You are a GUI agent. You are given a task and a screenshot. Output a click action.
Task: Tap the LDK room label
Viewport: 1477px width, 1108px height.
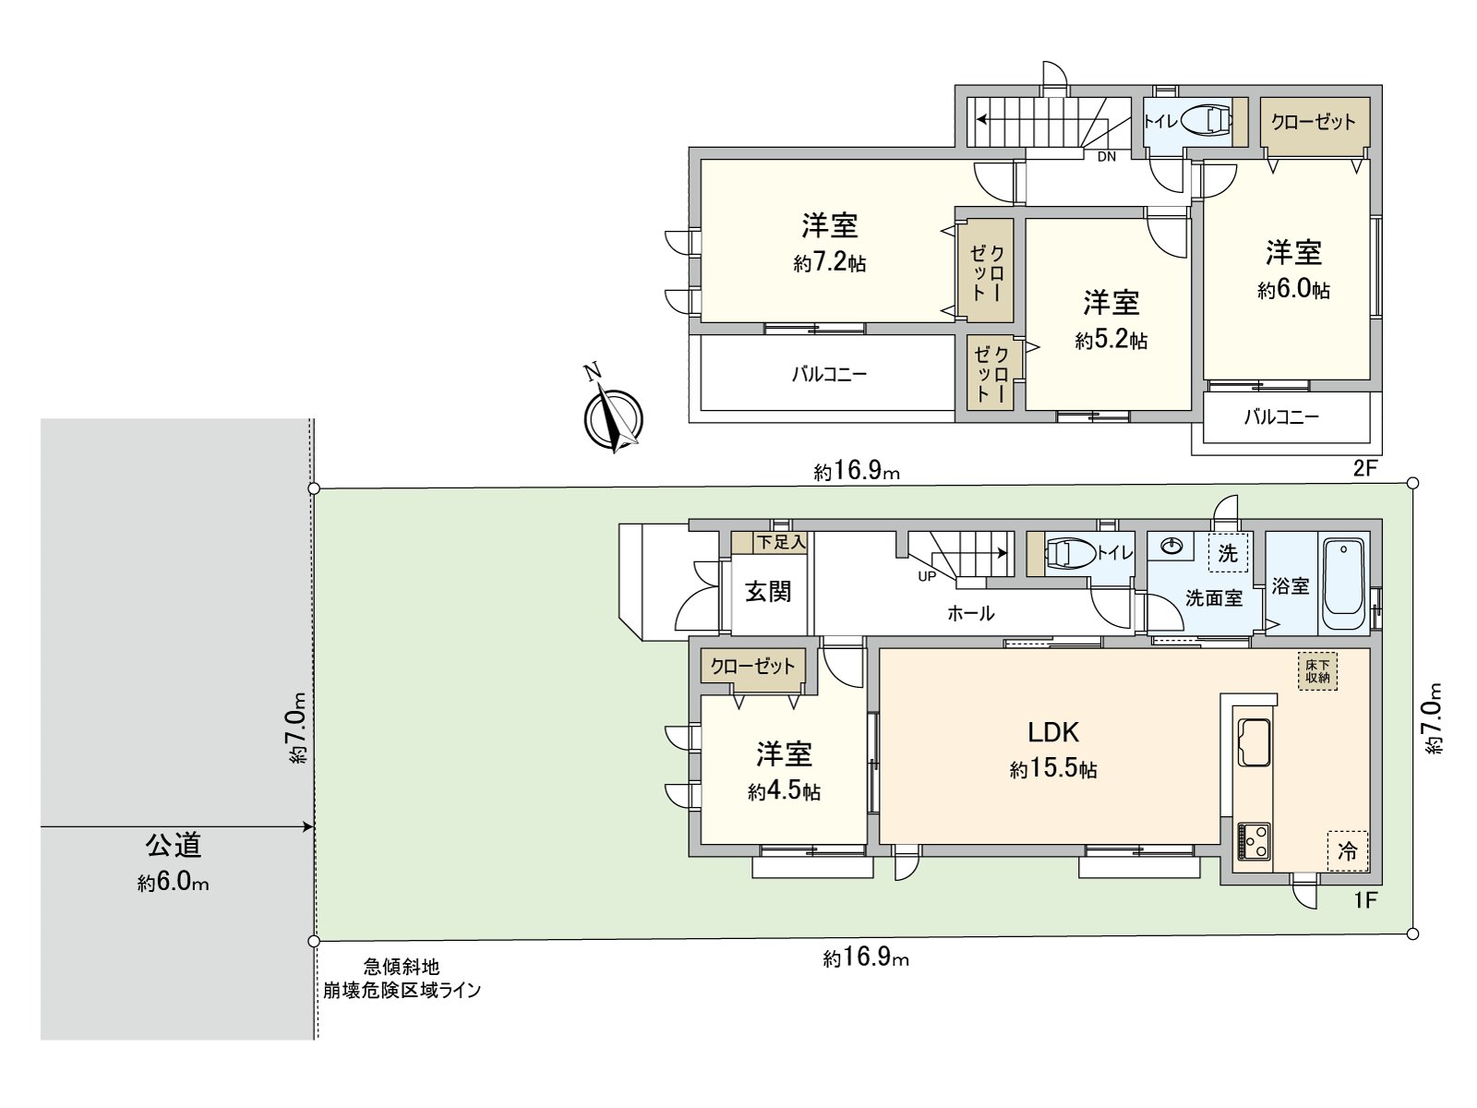(1053, 732)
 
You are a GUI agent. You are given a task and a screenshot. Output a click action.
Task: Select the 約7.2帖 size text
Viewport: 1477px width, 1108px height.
(829, 263)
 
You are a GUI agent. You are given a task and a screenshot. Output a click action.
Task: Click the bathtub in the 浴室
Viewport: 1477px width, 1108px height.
(1343, 585)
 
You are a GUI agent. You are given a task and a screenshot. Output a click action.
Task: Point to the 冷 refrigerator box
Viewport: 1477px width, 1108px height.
(1347, 851)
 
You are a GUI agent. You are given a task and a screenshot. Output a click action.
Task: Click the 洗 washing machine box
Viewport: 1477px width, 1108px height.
(1227, 553)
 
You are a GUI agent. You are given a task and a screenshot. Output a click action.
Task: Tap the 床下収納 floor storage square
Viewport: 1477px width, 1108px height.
(1317, 670)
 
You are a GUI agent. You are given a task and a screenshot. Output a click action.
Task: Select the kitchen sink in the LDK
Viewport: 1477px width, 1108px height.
(1253, 741)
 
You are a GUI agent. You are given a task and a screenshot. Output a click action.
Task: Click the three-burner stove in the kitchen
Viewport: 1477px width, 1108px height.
(1253, 841)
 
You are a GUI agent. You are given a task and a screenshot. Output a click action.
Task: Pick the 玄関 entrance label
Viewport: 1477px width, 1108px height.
(768, 592)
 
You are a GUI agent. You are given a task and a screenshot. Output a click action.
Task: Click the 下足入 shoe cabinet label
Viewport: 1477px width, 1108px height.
(781, 542)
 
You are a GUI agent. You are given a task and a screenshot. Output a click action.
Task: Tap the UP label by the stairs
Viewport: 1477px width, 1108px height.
(927, 576)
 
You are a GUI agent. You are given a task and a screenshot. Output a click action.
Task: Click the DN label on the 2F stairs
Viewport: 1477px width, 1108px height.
(1106, 157)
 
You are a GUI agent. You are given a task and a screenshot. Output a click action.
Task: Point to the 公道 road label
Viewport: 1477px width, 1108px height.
(174, 844)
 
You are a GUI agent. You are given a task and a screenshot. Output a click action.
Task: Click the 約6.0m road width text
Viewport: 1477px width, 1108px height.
(174, 883)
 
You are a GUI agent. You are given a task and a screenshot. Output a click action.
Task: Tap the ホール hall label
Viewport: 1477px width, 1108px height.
(970, 613)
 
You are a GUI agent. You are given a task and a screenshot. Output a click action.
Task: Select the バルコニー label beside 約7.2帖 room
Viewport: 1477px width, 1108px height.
(829, 375)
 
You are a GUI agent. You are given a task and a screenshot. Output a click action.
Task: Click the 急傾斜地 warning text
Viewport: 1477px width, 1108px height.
(401, 967)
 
